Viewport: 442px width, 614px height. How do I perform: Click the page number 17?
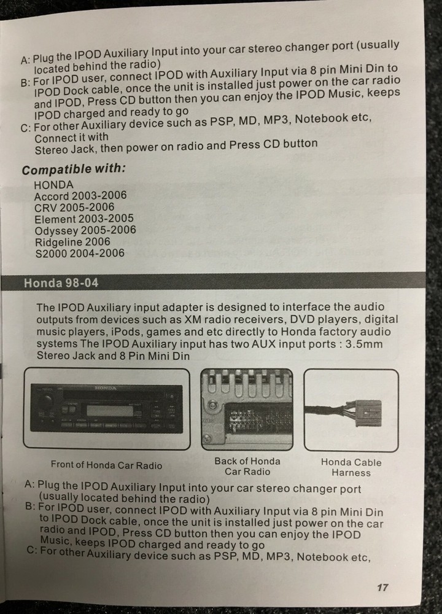[x=382, y=588]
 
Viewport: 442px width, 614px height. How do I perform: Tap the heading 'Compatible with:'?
[x=74, y=169]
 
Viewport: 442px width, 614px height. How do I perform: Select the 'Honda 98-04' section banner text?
[x=61, y=283]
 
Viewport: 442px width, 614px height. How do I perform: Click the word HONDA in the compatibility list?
[x=53, y=185]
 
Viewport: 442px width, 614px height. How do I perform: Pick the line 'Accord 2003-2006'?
[x=80, y=196]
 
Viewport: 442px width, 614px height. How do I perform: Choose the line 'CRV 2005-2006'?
[x=74, y=208]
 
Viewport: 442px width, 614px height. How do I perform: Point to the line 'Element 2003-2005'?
[x=83, y=219]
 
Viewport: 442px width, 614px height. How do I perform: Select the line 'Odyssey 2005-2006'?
[x=85, y=230]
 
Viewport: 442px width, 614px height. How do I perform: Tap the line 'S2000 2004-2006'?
[x=79, y=253]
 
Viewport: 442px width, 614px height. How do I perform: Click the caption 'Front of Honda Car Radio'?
[x=106, y=465]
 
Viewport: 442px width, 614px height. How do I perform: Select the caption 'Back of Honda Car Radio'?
[x=247, y=466]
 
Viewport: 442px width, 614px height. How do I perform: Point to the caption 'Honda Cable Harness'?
[x=351, y=467]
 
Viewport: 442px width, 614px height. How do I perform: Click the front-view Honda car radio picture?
[x=106, y=408]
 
